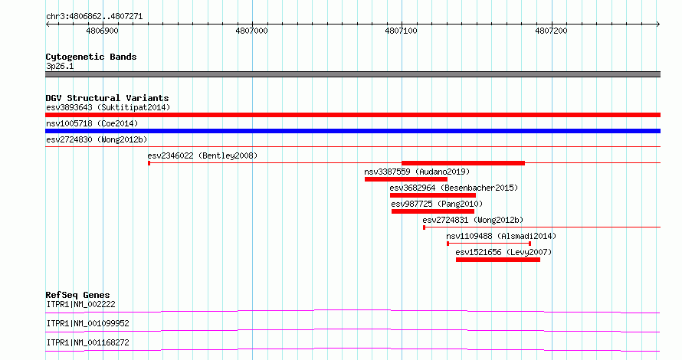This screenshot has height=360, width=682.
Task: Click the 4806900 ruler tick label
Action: (102, 31)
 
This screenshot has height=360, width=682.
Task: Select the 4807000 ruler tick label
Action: (252, 31)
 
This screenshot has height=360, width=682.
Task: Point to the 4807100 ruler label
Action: (401, 31)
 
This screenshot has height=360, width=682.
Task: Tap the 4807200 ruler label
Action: (551, 31)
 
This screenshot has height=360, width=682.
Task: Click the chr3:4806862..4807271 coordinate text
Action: (94, 17)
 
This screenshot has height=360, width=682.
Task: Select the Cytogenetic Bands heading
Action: (91, 57)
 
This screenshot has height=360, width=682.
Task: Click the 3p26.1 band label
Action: (60, 67)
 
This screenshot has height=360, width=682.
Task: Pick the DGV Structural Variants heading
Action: (107, 98)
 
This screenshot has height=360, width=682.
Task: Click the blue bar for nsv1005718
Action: (352, 131)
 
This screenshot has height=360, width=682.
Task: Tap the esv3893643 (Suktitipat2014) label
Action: (108, 107)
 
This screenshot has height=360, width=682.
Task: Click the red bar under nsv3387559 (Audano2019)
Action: (406, 179)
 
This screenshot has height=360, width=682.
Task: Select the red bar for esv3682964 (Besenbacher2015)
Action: (433, 195)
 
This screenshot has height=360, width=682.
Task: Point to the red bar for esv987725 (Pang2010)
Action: (433, 211)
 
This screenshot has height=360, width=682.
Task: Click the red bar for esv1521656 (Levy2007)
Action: (498, 260)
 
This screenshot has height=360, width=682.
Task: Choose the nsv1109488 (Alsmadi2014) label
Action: (501, 236)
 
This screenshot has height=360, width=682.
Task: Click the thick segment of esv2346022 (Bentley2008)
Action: (463, 163)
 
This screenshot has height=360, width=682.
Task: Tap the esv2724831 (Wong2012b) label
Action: (473, 220)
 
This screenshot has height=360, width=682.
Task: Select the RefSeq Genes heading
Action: (77, 295)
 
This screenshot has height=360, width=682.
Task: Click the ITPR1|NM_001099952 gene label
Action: (88, 323)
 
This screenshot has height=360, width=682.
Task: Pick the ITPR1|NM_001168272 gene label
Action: (88, 342)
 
